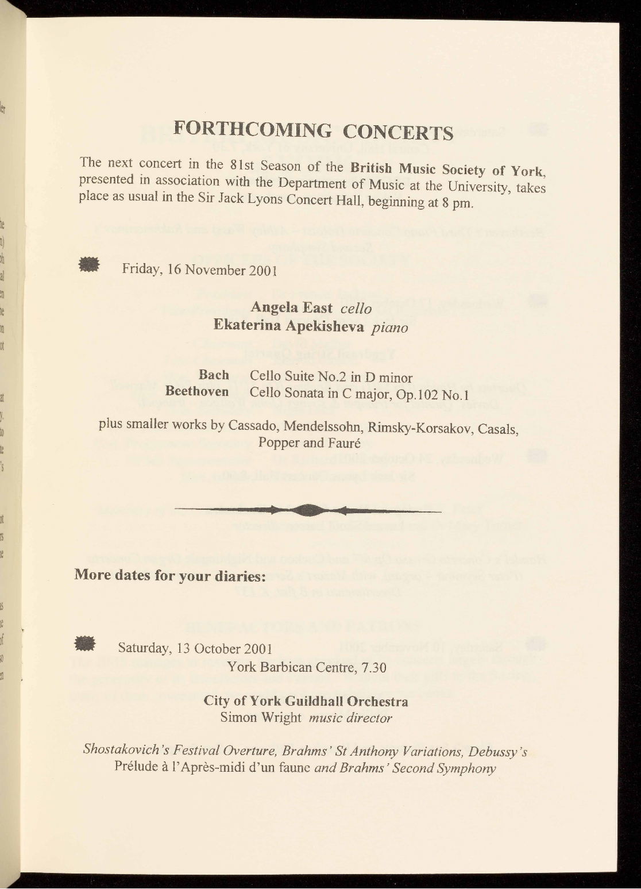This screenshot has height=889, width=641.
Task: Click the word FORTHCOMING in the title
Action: [252, 128]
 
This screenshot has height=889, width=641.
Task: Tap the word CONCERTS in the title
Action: [399, 132]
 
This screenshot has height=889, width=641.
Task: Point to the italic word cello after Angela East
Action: [356, 309]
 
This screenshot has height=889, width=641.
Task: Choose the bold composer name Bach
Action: [214, 375]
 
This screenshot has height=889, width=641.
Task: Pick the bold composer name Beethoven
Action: [197, 392]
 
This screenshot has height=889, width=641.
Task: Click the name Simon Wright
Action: [261, 717]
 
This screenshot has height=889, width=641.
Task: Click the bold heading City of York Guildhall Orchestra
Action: [306, 702]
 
